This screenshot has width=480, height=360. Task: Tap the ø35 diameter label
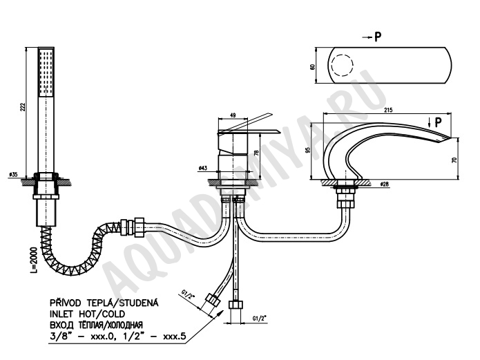tap(14, 174)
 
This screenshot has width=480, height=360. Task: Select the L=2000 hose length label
tap(35, 260)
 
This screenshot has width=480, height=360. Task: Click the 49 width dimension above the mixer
tap(233, 115)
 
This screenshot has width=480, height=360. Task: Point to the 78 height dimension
tap(256, 153)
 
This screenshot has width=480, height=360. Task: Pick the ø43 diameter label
tap(202, 168)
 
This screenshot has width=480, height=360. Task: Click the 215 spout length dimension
tap(387, 110)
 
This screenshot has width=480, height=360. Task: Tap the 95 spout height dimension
tap(308, 150)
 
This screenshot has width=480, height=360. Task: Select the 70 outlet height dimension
tap(454, 160)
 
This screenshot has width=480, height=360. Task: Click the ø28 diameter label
tap(384, 184)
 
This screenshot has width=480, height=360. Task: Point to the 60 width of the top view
tap(312, 66)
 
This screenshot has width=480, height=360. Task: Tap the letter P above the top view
tap(378, 37)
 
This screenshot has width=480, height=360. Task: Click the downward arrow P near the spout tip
tap(430, 123)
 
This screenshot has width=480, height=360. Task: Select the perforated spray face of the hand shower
tap(46, 72)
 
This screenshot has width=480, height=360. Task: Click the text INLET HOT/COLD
tap(88, 314)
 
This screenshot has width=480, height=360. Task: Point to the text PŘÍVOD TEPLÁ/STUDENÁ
tap(104, 303)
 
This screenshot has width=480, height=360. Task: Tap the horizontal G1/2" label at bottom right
tap(260, 319)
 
